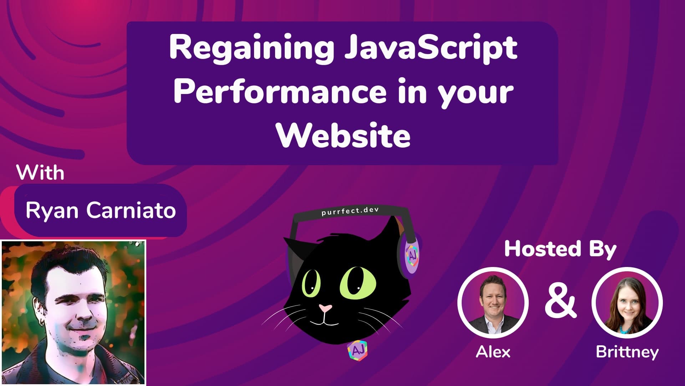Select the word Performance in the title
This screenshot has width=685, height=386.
[280, 92]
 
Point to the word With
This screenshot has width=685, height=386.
[40, 173]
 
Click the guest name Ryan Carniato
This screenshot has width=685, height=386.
[101, 210]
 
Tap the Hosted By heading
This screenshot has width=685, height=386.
[560, 249]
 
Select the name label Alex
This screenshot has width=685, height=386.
[493, 352]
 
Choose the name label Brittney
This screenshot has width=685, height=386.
[627, 352]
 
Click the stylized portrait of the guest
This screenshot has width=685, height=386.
[73, 312]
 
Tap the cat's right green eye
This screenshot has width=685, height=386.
[357, 283]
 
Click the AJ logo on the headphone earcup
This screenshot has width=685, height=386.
[412, 254]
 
